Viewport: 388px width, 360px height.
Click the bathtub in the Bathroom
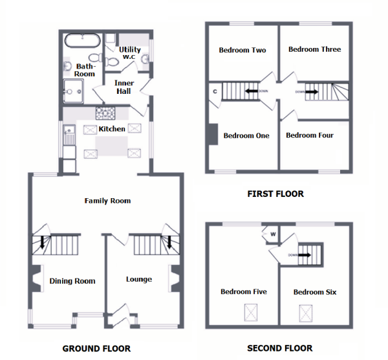(82, 41)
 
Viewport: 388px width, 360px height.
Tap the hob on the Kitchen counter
(105, 113)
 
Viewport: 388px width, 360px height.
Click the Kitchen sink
(69, 135)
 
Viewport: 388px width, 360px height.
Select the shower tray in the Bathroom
(73, 91)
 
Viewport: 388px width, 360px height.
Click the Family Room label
(107, 201)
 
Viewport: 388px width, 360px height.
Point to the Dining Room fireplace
(36, 278)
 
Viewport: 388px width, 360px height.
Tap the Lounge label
(139, 279)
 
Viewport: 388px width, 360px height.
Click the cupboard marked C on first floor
(215, 92)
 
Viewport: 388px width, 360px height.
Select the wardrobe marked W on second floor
(272, 234)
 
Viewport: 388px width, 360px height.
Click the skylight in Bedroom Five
(251, 313)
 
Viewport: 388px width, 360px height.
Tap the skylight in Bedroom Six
(306, 313)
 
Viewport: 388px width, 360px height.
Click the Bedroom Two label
(242, 50)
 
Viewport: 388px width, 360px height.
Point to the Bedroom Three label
(315, 49)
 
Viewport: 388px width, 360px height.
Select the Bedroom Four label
(310, 135)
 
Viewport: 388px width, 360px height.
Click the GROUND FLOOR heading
(96, 348)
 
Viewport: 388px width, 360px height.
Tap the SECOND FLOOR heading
(280, 348)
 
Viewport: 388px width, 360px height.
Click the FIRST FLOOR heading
(275, 194)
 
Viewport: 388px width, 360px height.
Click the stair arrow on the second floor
(305, 255)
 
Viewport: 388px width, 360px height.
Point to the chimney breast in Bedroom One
(213, 134)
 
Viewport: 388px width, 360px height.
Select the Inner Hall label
(124, 87)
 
